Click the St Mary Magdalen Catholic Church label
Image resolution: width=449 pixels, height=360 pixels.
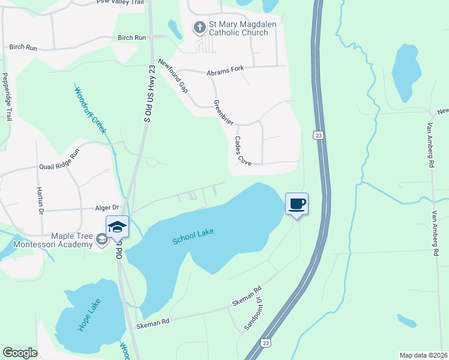click(238, 28)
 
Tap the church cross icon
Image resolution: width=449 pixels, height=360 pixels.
click(199, 26)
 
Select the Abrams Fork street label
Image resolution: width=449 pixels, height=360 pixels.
click(225, 70)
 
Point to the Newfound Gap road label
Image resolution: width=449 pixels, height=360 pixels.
click(173, 76)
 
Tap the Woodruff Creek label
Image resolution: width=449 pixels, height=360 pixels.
click(91, 110)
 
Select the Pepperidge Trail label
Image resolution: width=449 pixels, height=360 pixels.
click(7, 96)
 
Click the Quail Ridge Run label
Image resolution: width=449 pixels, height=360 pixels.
click(59, 161)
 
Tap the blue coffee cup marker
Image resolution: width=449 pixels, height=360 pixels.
click(297, 203)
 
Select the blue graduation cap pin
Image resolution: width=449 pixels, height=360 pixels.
click(117, 226)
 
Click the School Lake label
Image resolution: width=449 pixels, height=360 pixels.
click(193, 236)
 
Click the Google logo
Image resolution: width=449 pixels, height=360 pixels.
click(20, 353)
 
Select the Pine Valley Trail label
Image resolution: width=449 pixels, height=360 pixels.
click(121, 2)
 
